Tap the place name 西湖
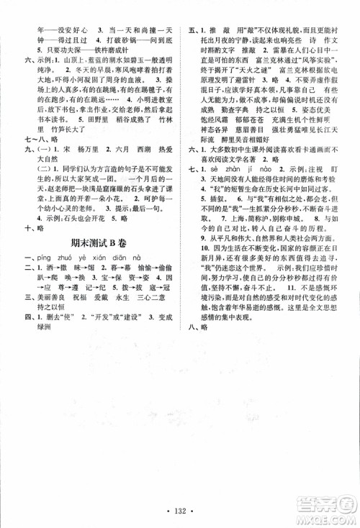pyautogui.click(x=135, y=163)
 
